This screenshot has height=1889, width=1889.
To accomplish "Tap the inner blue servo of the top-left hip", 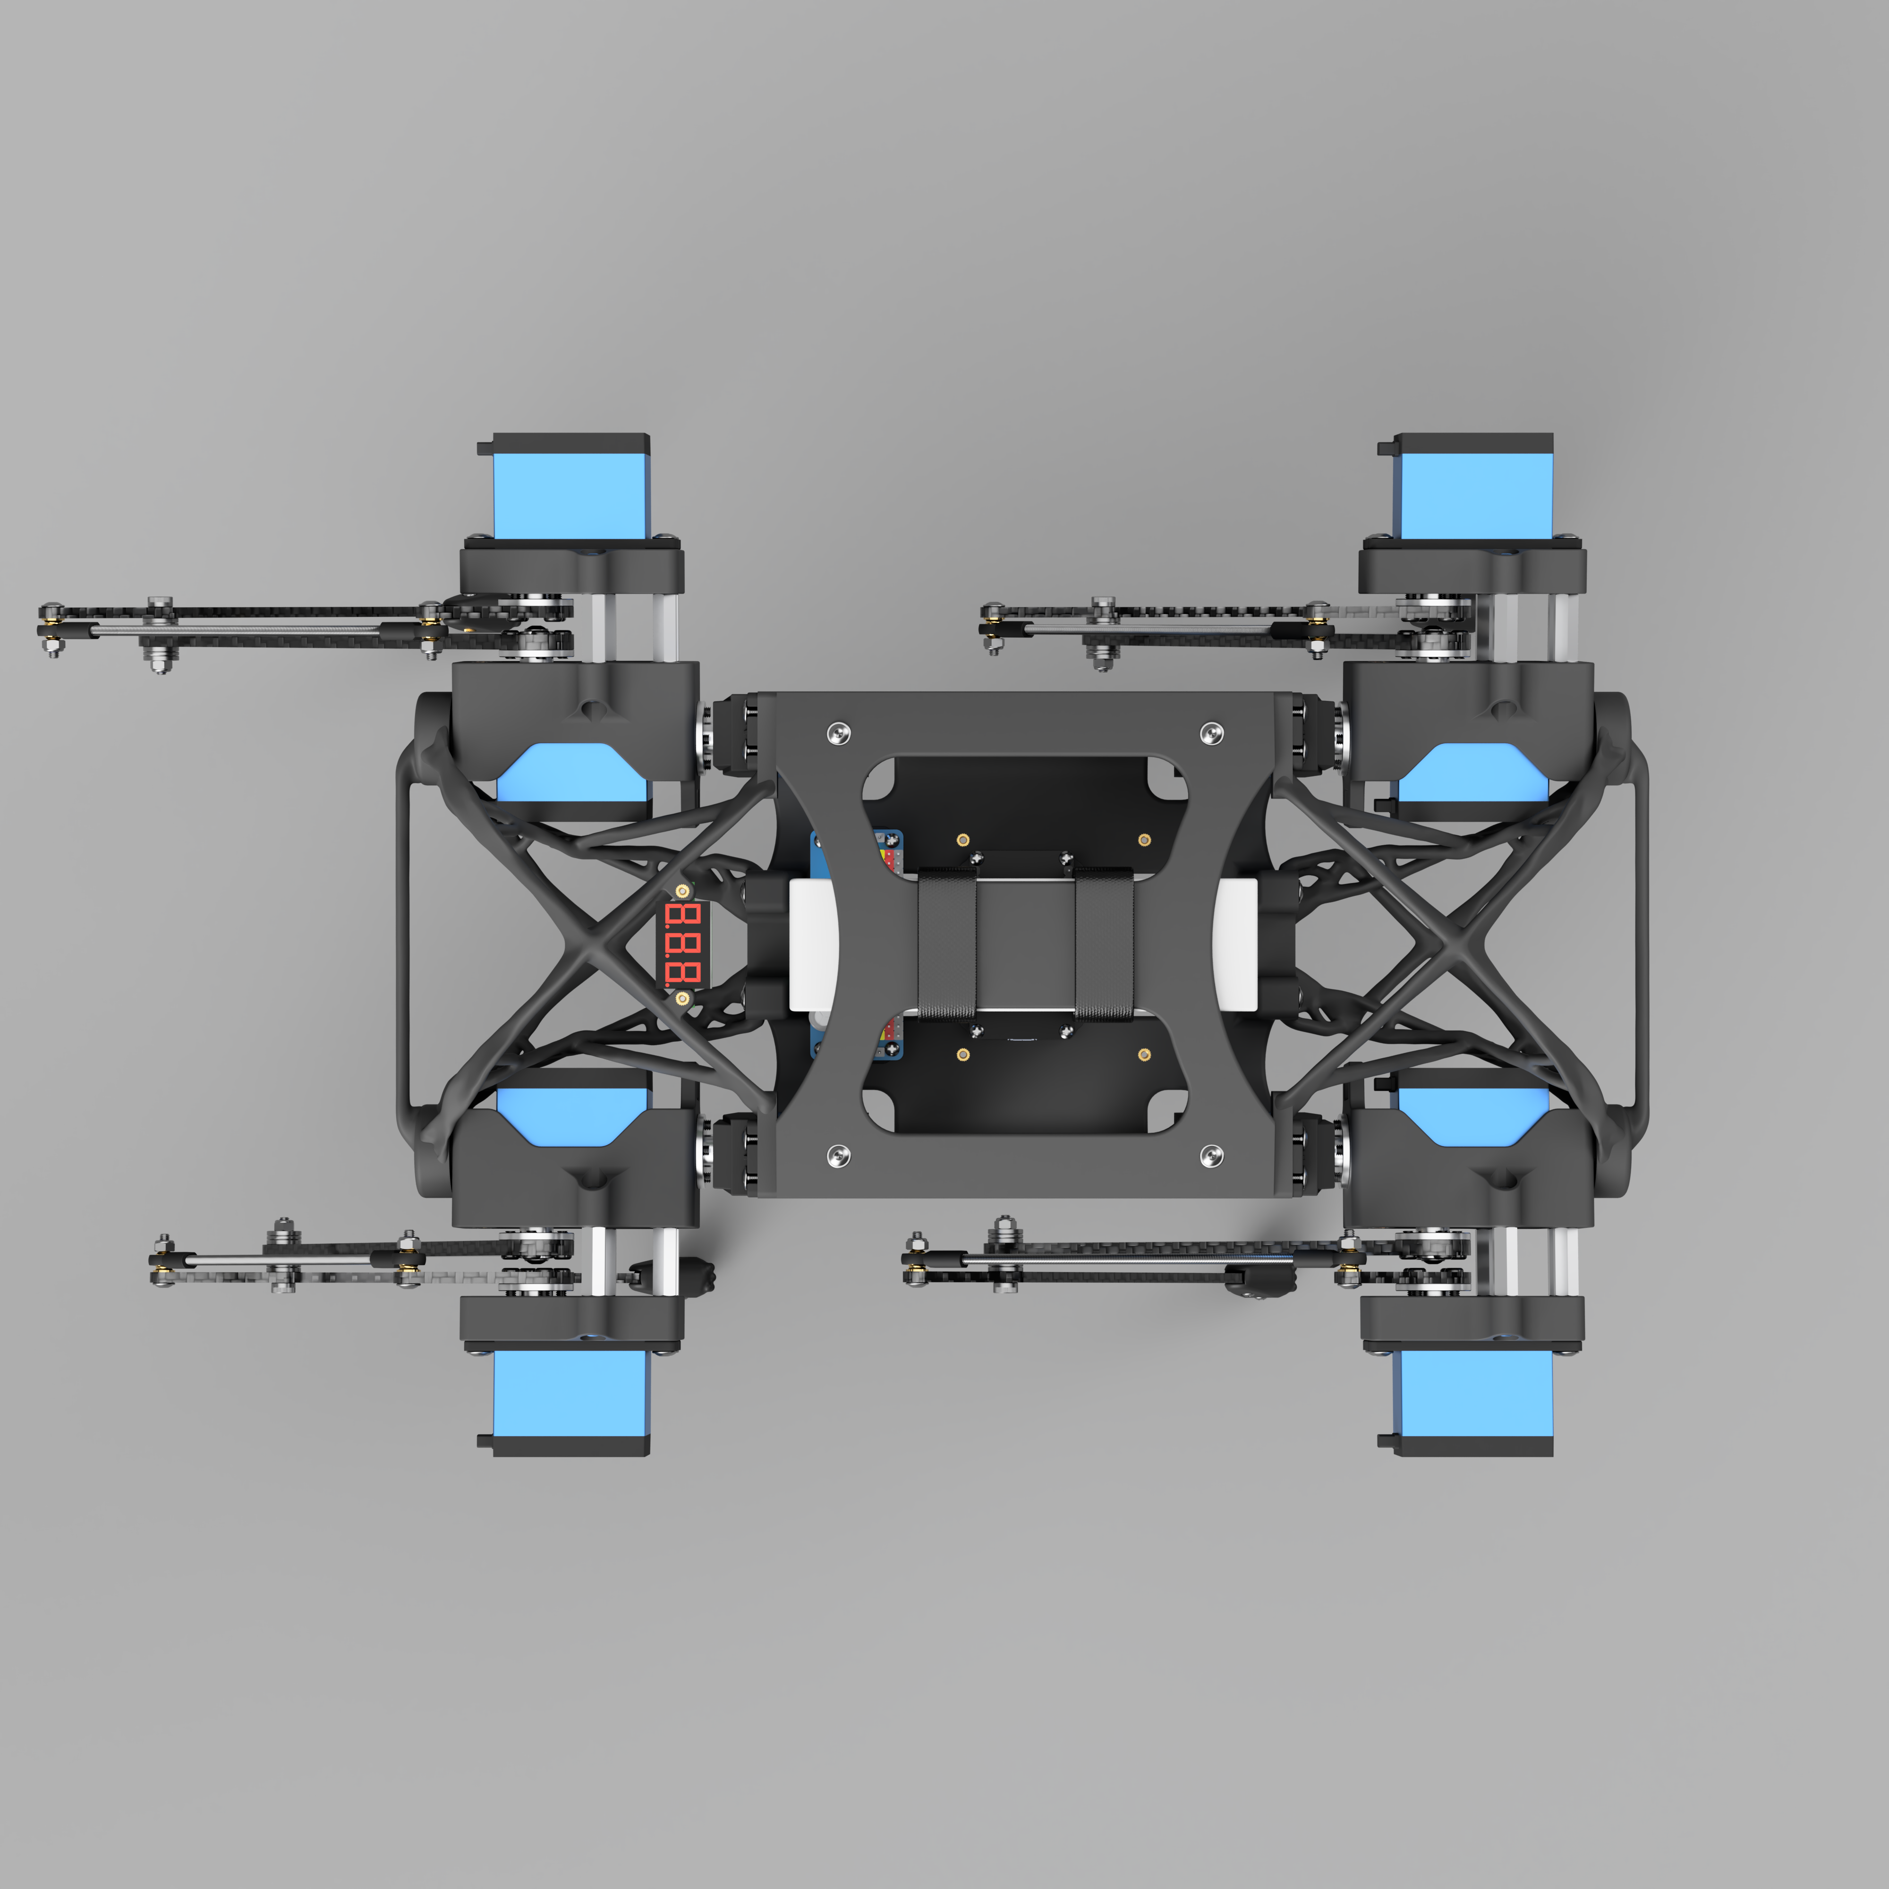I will tap(573, 774).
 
